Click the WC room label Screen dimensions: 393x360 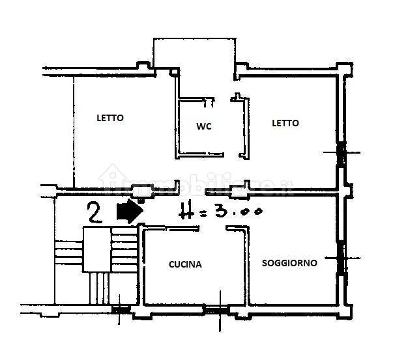(204, 126)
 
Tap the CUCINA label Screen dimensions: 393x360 (185, 264)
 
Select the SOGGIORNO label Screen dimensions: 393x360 (289, 263)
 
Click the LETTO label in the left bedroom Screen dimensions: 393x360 (110, 118)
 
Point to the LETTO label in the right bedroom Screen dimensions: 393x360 (285, 123)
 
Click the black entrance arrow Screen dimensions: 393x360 (130, 211)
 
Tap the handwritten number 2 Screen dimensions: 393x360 (95, 212)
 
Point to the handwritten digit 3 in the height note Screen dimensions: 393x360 (221, 209)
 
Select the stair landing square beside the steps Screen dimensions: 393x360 (96, 249)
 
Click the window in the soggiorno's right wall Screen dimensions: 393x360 (342, 258)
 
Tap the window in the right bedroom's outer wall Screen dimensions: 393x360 (341, 155)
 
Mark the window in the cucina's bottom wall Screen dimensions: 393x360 (216, 310)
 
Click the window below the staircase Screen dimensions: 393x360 (121, 310)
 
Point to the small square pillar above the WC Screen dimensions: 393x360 (174, 72)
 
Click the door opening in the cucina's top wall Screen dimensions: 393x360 (212, 228)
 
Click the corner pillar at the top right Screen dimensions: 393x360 (344, 69)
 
